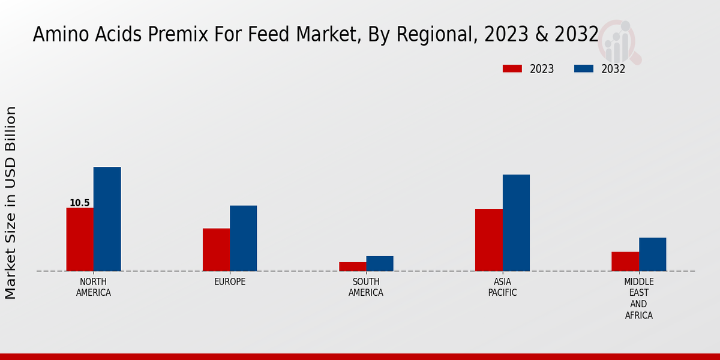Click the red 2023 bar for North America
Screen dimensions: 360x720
80,239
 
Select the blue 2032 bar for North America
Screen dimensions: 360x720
107,219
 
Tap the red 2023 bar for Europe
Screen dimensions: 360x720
216,250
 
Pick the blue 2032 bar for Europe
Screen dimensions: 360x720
243,238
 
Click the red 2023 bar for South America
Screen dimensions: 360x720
352,266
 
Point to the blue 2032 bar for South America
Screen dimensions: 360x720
380,263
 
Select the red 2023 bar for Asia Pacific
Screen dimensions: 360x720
488,240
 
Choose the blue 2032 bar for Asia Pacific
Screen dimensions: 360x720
516,223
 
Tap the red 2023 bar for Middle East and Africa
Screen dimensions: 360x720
625,261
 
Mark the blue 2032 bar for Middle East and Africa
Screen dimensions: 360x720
652,254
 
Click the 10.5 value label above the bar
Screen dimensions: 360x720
79,203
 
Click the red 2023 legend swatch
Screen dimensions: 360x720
512,68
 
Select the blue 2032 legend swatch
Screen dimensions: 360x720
583,68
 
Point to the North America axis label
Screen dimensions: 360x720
94,287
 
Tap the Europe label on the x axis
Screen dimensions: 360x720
230,282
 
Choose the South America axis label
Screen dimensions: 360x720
366,287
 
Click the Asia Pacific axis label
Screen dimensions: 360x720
502,287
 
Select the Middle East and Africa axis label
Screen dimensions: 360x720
638,298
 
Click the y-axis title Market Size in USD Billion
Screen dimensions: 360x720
11,203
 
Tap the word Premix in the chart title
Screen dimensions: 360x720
155,35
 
